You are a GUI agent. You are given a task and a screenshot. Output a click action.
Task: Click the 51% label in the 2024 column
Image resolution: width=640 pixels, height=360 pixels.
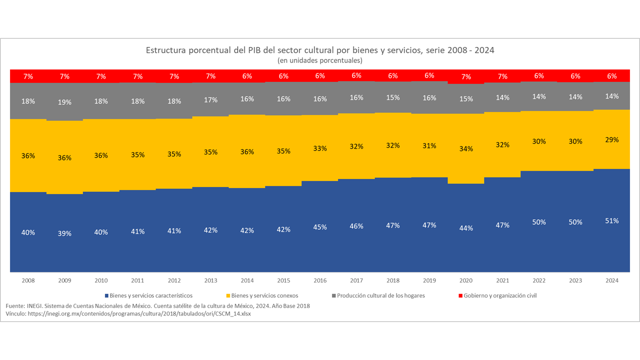click(x=612, y=220)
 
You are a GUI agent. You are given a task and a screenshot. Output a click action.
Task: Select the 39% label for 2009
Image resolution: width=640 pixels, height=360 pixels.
click(x=64, y=233)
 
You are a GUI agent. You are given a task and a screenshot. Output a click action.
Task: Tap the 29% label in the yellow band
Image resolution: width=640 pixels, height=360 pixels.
click(x=612, y=140)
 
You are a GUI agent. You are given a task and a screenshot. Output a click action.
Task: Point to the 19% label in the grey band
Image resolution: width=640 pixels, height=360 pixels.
click(x=64, y=102)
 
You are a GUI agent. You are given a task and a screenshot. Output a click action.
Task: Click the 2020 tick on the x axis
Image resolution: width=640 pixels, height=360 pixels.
click(x=466, y=280)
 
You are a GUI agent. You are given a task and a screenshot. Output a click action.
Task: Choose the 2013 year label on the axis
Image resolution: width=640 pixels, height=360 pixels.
click(x=210, y=280)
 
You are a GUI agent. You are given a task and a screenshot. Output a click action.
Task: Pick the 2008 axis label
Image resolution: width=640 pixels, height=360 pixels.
click(x=28, y=280)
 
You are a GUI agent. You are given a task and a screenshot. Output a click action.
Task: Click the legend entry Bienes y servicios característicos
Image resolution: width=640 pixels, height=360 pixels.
click(x=148, y=295)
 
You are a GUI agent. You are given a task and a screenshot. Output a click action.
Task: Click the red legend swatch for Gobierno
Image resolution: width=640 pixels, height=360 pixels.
click(x=460, y=295)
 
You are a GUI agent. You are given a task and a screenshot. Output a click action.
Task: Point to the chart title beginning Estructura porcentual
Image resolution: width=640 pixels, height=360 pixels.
click(x=320, y=50)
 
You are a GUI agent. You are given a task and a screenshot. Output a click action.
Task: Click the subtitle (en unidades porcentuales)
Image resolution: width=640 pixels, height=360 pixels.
click(x=320, y=60)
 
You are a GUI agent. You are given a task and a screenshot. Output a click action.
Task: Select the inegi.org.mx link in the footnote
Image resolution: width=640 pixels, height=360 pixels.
click(x=139, y=314)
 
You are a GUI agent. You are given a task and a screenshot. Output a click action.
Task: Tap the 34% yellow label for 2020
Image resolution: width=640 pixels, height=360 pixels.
click(x=466, y=148)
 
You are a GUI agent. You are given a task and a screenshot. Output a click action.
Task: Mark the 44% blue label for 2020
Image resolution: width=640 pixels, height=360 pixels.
click(x=466, y=228)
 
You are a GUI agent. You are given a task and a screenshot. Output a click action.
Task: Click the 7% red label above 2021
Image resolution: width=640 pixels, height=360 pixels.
click(x=502, y=76)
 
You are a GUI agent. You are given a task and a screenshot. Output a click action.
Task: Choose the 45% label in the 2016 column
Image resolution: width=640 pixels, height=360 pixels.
click(x=320, y=227)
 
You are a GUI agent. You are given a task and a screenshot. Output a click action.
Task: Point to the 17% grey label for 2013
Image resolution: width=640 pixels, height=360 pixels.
click(x=210, y=100)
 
